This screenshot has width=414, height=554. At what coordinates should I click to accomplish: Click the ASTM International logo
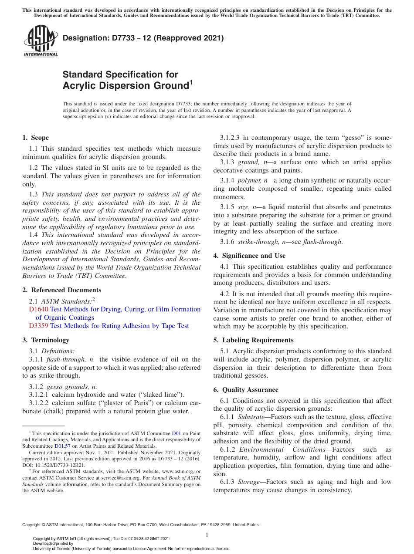[x=41, y=41]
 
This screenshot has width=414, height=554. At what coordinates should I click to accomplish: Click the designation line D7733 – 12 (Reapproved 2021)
[x=143, y=38]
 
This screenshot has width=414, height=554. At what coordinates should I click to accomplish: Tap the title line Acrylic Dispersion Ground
[x=126, y=86]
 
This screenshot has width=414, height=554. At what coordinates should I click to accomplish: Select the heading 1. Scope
[x=35, y=138]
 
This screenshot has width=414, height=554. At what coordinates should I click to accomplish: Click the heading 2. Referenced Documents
[x=61, y=290]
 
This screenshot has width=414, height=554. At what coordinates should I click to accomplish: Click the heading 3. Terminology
[x=46, y=340]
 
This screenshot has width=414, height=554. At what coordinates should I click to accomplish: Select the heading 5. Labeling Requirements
[x=253, y=340]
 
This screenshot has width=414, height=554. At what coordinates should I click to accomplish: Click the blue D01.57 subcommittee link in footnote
[x=60, y=446]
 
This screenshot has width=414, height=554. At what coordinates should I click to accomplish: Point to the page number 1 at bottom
[x=207, y=535]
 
